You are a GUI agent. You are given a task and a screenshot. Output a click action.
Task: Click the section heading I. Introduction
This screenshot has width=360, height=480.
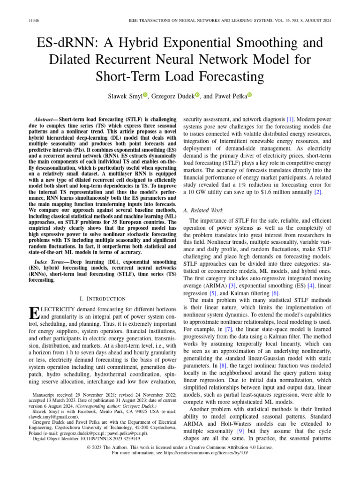pyautogui.click(x=103, y=299)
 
